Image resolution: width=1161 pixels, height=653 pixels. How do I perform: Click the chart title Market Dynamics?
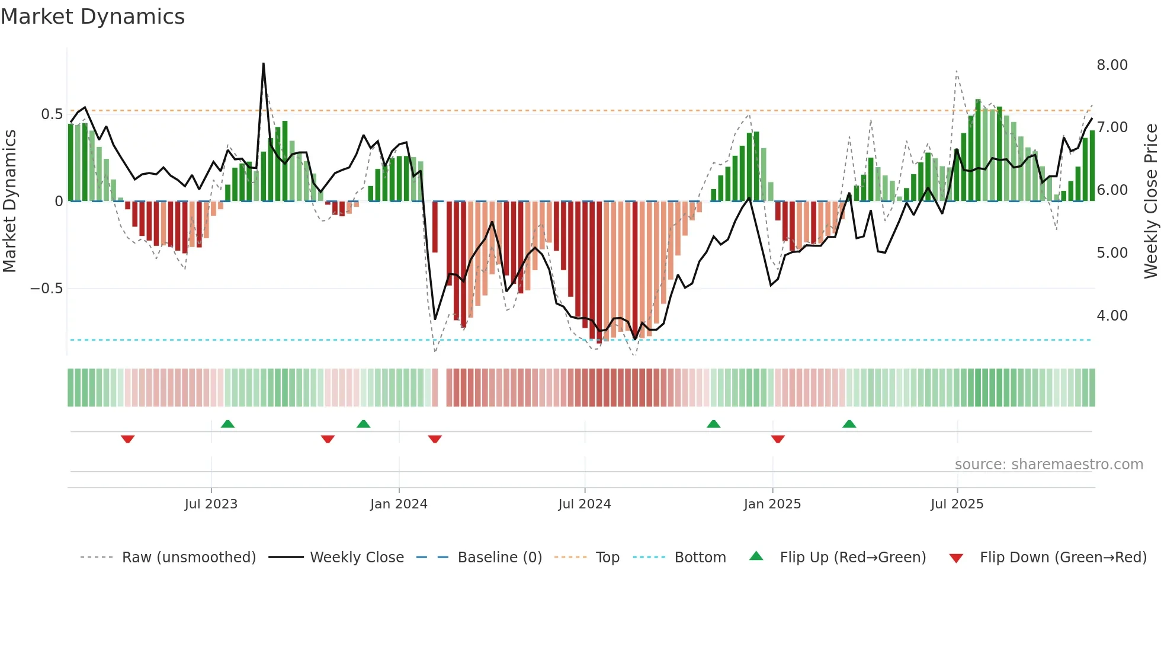pyautogui.click(x=92, y=17)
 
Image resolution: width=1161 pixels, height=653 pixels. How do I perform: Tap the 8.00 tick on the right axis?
pyautogui.click(x=1112, y=65)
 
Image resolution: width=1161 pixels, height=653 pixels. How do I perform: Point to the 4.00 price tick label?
pyautogui.click(x=1112, y=316)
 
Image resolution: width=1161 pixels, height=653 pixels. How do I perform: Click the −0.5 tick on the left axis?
pyautogui.click(x=46, y=289)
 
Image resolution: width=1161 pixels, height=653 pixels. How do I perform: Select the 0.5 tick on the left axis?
pyautogui.click(x=52, y=114)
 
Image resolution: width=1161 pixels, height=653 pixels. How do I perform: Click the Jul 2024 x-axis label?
pyautogui.click(x=584, y=504)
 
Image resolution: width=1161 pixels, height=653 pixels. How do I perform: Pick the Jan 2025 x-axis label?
pyautogui.click(x=772, y=504)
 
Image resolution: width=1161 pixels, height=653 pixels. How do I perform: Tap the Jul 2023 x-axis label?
pyautogui.click(x=211, y=504)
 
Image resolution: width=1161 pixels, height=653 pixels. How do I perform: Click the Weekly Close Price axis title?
pyautogui.click(x=1150, y=201)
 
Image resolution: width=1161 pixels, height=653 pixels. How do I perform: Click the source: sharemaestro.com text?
pyautogui.click(x=1048, y=465)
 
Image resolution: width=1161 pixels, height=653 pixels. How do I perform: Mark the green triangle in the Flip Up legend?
pyautogui.click(x=756, y=556)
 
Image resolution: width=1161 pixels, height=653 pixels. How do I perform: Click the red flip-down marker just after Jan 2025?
pyautogui.click(x=778, y=439)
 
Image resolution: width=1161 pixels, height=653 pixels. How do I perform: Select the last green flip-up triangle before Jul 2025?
pyautogui.click(x=849, y=424)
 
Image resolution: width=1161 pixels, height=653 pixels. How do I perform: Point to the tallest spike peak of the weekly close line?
pyautogui.click(x=263, y=63)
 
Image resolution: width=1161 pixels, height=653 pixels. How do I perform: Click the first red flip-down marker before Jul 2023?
pyautogui.click(x=127, y=439)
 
